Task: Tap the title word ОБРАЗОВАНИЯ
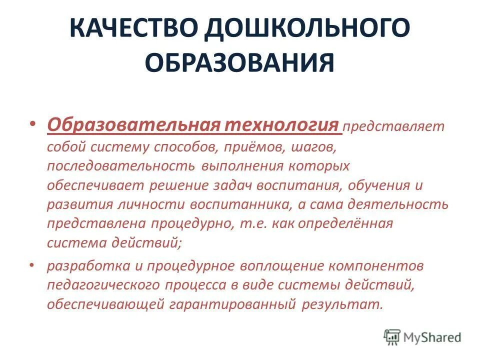(x=239, y=63)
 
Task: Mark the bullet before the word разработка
(x=32, y=266)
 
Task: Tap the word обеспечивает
(x=95, y=185)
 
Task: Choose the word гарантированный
(x=234, y=304)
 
